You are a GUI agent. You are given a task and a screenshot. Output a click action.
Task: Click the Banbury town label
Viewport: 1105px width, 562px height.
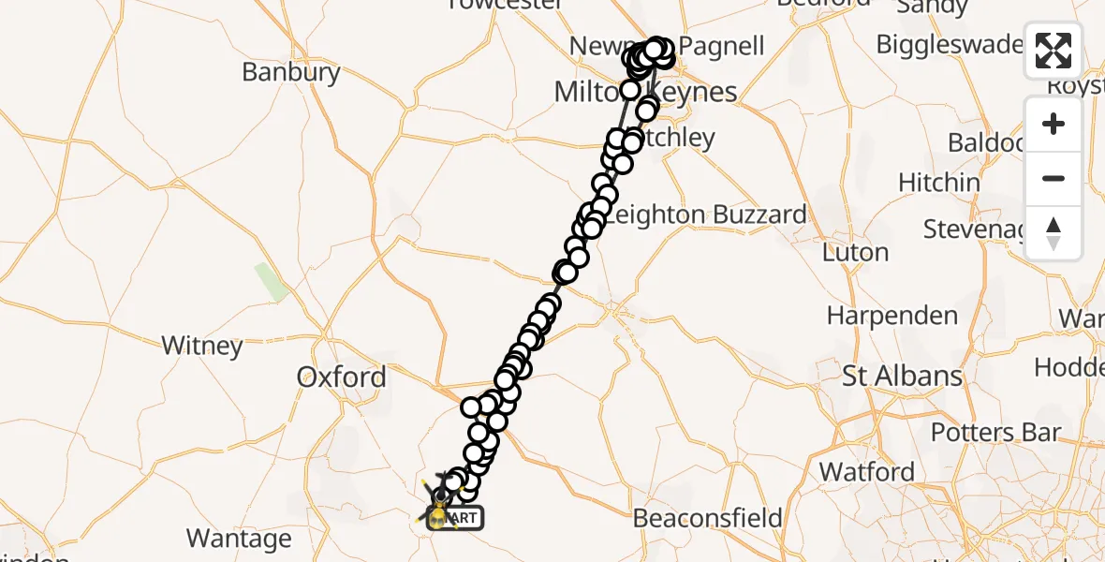[x=290, y=72]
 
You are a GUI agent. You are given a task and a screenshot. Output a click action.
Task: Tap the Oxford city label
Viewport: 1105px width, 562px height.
[x=341, y=377]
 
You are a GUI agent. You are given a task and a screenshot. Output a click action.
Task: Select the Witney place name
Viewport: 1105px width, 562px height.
[x=201, y=346]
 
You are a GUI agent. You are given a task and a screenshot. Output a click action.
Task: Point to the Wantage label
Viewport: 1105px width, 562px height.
[x=239, y=539]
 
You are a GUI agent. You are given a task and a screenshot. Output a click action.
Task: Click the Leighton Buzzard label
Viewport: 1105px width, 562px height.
[x=706, y=214]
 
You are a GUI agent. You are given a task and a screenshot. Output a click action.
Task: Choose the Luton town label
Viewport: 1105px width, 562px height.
[x=855, y=252]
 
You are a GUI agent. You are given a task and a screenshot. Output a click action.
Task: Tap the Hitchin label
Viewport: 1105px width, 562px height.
[x=939, y=182]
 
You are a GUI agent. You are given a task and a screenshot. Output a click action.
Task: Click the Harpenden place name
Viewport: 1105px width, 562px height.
[x=892, y=316]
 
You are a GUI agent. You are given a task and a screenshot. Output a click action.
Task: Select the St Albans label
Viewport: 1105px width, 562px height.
[x=902, y=377]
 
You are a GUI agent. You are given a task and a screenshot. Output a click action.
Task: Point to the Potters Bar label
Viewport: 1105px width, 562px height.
[x=995, y=433]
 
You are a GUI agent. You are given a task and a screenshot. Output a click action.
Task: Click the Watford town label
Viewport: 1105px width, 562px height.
[x=867, y=471]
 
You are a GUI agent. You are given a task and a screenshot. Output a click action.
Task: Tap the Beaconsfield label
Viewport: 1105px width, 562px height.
[x=707, y=518]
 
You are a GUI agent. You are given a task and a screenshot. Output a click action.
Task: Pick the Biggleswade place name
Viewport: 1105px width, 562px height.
[x=948, y=44]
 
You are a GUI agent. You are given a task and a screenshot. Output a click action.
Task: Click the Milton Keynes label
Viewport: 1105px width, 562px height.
[x=646, y=92]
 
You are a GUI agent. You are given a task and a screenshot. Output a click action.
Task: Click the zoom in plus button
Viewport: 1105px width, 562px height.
[x=1053, y=124]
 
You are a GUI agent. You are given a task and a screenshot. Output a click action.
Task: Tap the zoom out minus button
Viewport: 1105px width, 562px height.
[x=1053, y=178]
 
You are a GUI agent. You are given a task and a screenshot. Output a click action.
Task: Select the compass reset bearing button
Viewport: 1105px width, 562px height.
[x=1053, y=232]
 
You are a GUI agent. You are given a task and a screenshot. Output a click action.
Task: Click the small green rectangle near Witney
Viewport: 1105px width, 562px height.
[x=273, y=282]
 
